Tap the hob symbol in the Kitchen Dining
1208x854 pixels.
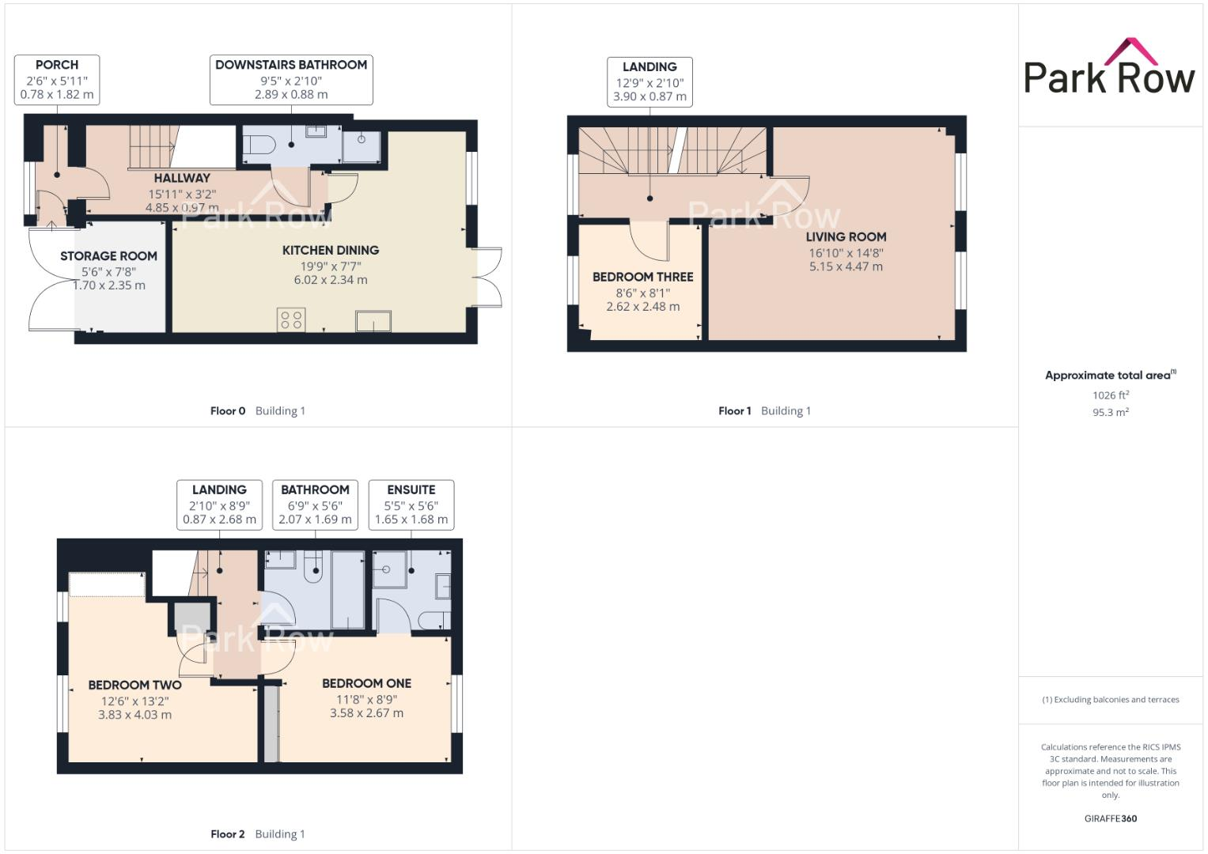pyautogui.click(x=291, y=319)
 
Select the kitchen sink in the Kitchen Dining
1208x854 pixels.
pyautogui.click(x=373, y=321)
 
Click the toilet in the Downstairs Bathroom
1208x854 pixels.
pyautogui.click(x=259, y=145)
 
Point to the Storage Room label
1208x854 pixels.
pyautogui.click(x=108, y=256)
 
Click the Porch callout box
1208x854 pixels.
pyautogui.click(x=57, y=79)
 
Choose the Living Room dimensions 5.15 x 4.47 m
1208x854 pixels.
pyautogui.click(x=846, y=267)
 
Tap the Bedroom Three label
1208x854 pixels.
pyautogui.click(x=642, y=277)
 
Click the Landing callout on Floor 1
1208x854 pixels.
pyautogui.click(x=649, y=81)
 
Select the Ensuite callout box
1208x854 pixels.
pyautogui.click(x=411, y=504)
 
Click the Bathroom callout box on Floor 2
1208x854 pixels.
pyautogui.click(x=315, y=504)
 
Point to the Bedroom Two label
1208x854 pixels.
pyautogui.click(x=134, y=685)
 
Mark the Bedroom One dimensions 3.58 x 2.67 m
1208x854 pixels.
pyautogui.click(x=366, y=713)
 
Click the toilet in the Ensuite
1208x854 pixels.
pyautogui.click(x=434, y=618)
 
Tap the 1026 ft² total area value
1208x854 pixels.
pyautogui.click(x=1110, y=395)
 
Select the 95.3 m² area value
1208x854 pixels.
pyautogui.click(x=1110, y=412)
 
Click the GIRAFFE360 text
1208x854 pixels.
pyautogui.click(x=1110, y=818)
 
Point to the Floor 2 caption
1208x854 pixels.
pyautogui.click(x=228, y=833)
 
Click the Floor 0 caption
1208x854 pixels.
pyautogui.click(x=228, y=410)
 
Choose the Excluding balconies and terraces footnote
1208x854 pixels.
pyautogui.click(x=1110, y=700)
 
